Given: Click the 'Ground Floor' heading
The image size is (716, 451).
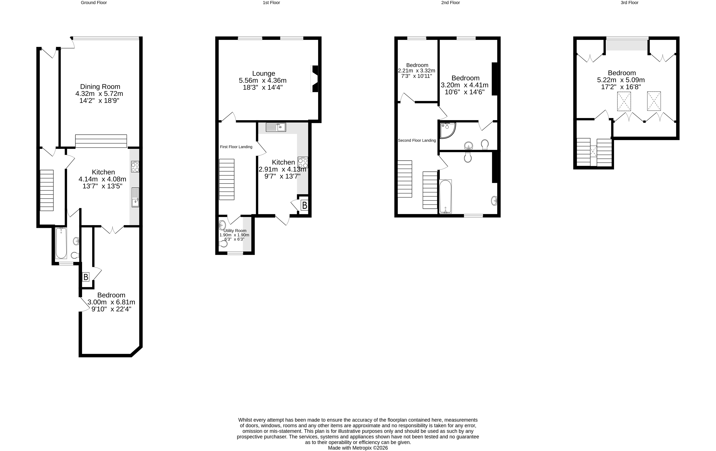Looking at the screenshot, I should click(x=94, y=3).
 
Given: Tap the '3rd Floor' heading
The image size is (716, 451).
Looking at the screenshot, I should click(x=629, y=3).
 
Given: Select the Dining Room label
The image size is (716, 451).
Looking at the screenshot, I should click(x=100, y=87).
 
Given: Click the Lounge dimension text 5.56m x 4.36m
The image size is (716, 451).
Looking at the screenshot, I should click(x=263, y=80).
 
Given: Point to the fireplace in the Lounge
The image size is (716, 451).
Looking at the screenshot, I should click(x=315, y=79).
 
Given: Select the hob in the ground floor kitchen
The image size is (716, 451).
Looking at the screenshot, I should click(x=135, y=167).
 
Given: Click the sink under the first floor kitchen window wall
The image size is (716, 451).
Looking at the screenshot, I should click(x=276, y=127).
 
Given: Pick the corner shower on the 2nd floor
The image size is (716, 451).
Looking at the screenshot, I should click(x=447, y=130).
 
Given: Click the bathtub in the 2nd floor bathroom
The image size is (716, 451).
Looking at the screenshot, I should click(x=445, y=196).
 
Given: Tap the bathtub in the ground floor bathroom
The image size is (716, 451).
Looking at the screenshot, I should click(x=61, y=243).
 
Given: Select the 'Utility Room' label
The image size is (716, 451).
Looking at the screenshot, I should click(x=235, y=231).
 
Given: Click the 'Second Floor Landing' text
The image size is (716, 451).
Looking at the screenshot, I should click(x=417, y=140).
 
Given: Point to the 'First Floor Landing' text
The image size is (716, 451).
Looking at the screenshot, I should click(x=236, y=147).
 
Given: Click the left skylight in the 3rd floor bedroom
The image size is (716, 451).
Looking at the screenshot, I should click(x=624, y=101).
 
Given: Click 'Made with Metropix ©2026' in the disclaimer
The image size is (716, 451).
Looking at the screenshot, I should click(x=358, y=448).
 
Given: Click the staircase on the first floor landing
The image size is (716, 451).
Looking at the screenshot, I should click(x=226, y=179).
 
